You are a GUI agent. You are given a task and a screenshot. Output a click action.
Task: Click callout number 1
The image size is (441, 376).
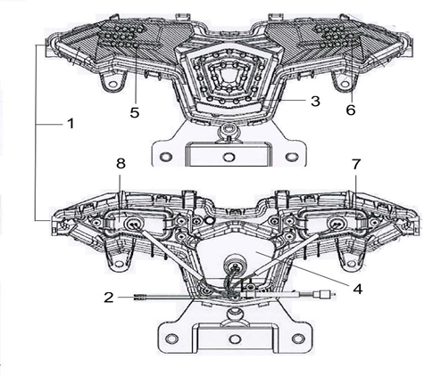coord(71,123)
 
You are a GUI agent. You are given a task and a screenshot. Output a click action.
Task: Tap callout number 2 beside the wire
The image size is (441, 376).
coord(109,298)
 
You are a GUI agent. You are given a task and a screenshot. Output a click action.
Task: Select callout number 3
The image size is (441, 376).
coord(315,101)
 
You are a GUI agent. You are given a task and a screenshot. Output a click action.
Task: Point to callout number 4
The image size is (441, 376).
coord(357,289)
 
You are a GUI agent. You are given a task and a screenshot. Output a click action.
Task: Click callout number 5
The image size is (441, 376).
coord(135,112)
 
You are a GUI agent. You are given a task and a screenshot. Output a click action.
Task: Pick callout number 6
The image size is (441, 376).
coord(351,110)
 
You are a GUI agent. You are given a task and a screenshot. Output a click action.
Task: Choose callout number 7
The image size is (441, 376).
coord(356,164)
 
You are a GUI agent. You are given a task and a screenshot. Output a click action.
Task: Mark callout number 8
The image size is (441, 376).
coord(121,163)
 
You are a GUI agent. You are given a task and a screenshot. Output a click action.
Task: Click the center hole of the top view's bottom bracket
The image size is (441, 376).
coord(229,157)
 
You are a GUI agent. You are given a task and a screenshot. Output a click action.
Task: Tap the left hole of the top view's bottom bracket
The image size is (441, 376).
coord(166,156)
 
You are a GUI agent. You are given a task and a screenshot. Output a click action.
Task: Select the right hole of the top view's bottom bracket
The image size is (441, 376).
coord(292,156)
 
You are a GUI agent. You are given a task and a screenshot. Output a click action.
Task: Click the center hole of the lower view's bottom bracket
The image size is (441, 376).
coord(235,339)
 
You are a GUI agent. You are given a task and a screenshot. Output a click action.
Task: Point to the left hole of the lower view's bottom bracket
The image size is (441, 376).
coord(171,339)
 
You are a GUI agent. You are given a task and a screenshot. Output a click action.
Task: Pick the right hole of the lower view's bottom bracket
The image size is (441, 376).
coord(298,339)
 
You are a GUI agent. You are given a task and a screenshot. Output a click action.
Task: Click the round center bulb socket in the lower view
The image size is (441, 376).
coord(236,265)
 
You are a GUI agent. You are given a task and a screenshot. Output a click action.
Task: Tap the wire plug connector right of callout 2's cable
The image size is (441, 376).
coord(323,295)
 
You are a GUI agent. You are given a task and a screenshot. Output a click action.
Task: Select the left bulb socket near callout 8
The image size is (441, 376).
coord(135,224)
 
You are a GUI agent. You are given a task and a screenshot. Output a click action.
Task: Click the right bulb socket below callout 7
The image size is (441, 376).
coord(337,224)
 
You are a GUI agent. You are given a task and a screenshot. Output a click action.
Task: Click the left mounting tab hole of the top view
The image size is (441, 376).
coord(112,84)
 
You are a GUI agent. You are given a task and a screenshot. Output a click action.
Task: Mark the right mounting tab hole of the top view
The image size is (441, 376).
coord(345,84)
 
